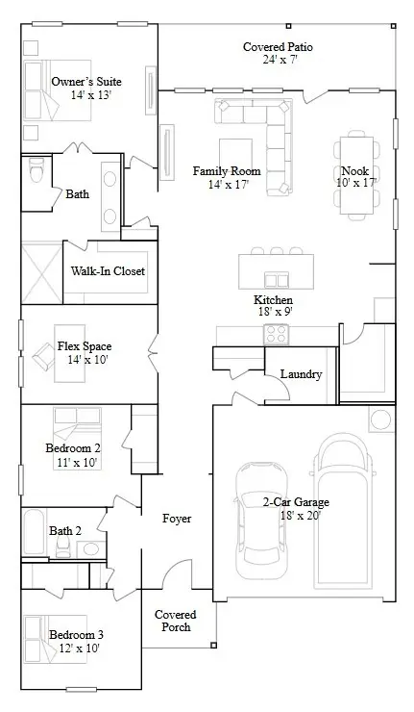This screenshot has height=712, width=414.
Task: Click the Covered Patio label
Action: pos(278,46)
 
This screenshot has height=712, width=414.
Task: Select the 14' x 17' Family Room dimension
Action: pos(221,185)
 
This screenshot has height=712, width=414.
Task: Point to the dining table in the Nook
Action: pos(355,175)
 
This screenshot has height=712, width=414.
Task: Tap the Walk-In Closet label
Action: pos(108,271)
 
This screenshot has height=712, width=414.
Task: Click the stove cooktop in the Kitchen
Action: pos(277,334)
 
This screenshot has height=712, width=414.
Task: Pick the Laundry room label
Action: pos(300,374)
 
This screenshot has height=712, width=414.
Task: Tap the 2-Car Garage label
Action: pos(296,502)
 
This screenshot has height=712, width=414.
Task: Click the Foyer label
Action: pos(176,519)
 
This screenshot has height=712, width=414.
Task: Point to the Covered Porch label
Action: pos(175,621)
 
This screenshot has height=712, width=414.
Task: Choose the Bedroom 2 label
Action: pos(73,447)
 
